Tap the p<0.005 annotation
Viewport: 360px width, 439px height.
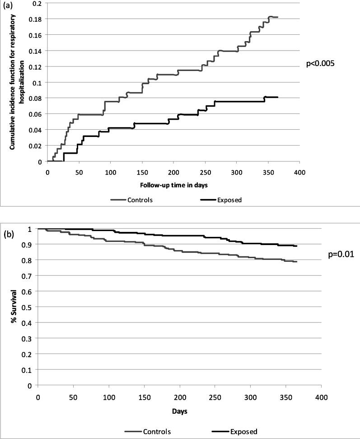[x=320, y=64]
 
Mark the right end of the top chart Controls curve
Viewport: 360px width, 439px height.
[x=278, y=17]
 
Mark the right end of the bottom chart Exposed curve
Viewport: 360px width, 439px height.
[x=296, y=246]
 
